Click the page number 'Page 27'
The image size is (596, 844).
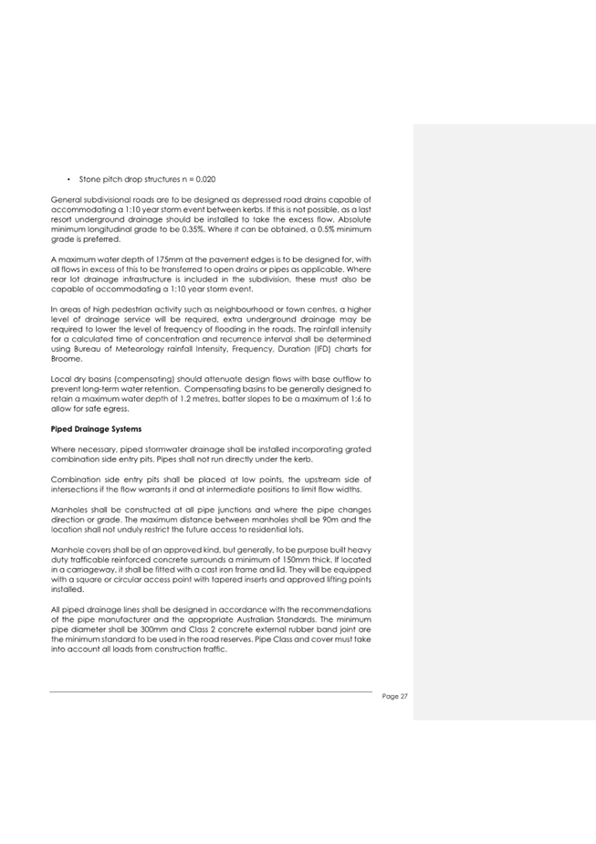click(395, 696)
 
